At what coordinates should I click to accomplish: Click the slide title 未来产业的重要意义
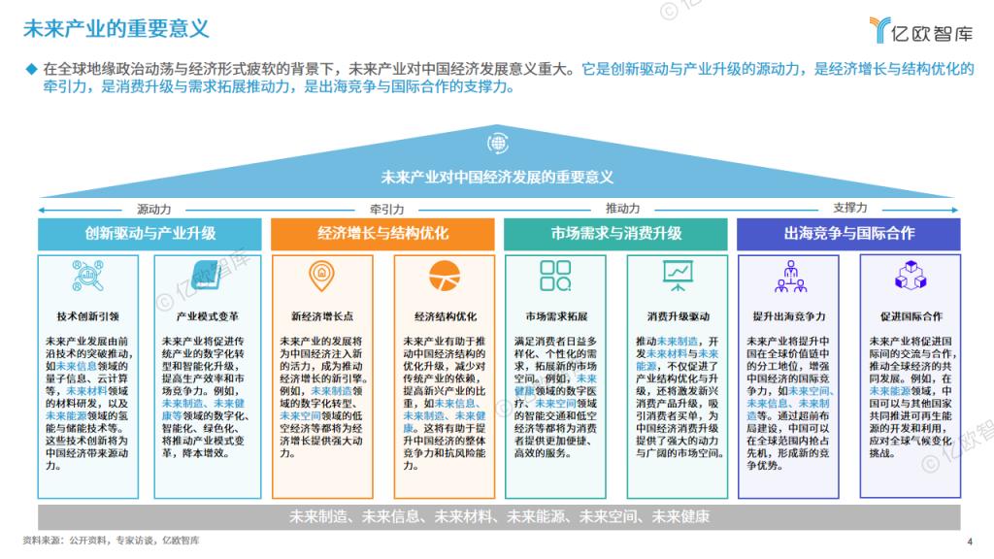[x=116, y=28]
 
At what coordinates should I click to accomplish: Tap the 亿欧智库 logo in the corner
[x=920, y=30]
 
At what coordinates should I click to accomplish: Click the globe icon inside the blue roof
[x=498, y=144]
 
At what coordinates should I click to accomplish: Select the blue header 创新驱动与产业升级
[x=149, y=234]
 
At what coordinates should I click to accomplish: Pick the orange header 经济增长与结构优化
[x=382, y=234]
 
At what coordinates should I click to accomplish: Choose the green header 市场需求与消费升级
[x=615, y=234]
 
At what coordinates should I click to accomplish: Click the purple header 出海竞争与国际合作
[x=848, y=234]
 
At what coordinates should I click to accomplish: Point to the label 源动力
[x=154, y=210]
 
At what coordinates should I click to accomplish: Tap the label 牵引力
[x=386, y=210]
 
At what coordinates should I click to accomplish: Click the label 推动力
[x=622, y=209]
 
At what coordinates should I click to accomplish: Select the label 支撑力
[x=850, y=208]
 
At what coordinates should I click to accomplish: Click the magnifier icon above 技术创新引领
[x=87, y=277]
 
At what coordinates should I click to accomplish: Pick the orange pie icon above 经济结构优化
[x=445, y=276]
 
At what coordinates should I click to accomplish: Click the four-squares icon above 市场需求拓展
[x=555, y=276]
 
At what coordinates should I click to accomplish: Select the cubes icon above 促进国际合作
[x=911, y=275]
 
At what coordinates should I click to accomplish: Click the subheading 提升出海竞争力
[x=789, y=316]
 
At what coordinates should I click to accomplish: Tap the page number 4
[x=970, y=542]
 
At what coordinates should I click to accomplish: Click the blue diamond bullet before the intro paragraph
[x=31, y=69]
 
